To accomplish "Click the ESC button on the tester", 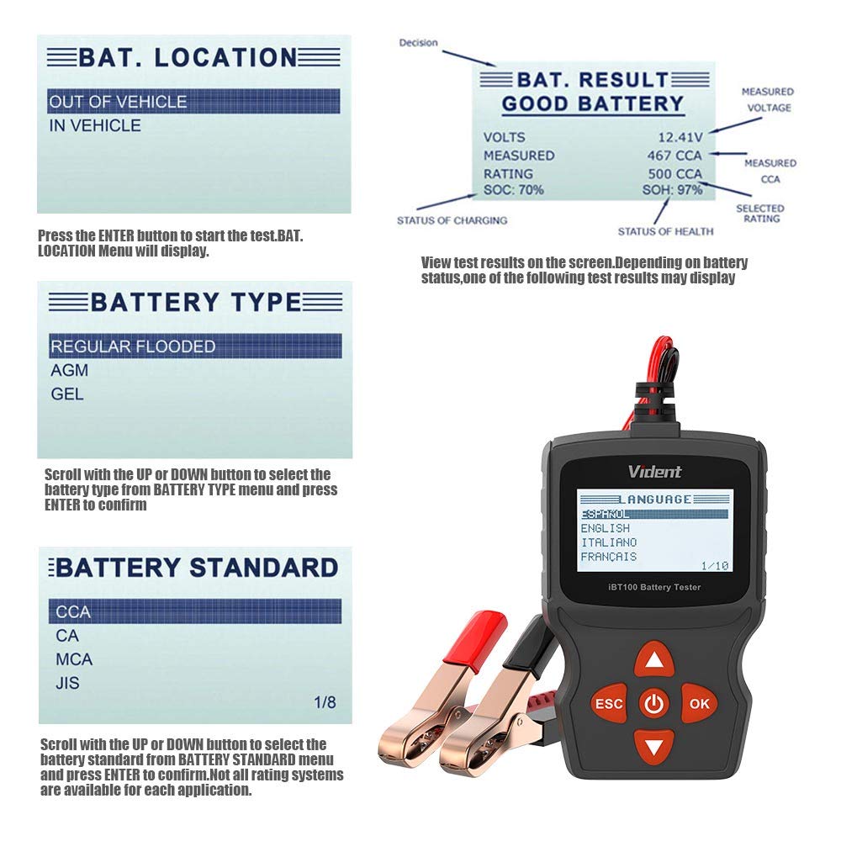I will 609,703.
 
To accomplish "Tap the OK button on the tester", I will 698,703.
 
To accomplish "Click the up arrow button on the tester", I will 653,660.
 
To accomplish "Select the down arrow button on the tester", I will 653,745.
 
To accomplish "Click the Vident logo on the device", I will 655,472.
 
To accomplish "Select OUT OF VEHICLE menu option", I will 118,102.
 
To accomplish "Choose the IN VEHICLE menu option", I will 94,125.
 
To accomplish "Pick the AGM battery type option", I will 69,370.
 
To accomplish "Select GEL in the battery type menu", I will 67,394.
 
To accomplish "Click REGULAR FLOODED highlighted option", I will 133,346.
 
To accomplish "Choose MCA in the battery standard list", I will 74,659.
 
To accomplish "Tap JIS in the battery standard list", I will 67,683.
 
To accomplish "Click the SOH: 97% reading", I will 672,190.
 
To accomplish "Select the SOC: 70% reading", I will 513,190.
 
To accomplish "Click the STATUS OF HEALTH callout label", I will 665,231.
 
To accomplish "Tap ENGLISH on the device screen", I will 606,528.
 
